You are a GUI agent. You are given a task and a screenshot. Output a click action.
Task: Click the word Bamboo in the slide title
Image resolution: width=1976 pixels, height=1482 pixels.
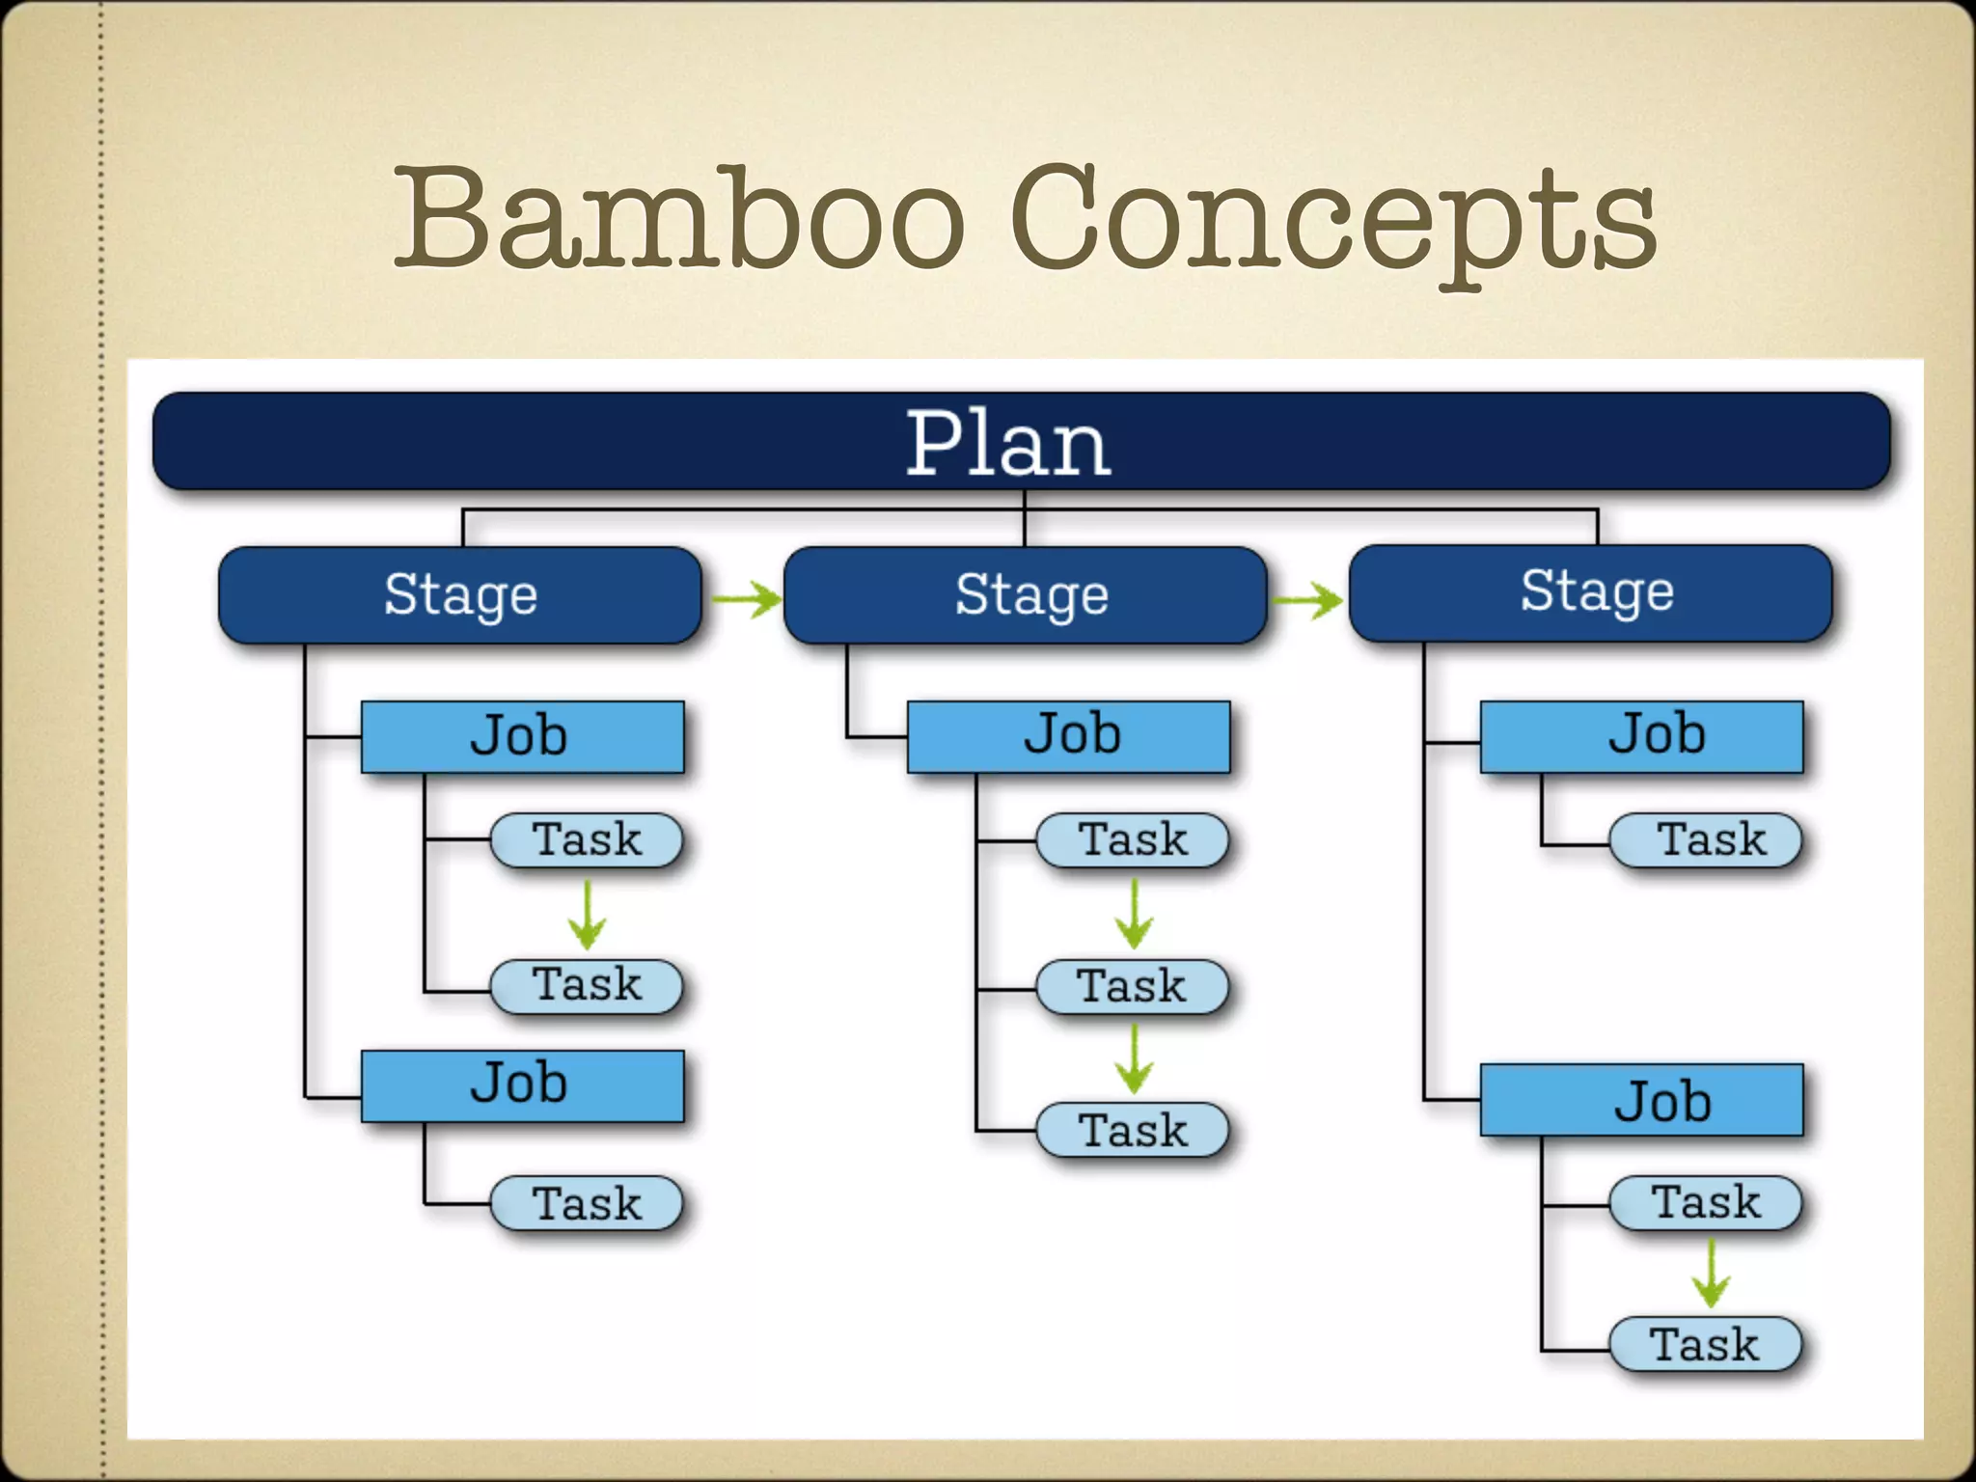679,220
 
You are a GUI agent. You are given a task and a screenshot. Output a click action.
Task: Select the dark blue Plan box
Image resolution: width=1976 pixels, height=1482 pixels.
1021,442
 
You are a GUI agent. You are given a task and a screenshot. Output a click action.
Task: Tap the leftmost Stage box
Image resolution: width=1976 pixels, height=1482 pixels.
460,595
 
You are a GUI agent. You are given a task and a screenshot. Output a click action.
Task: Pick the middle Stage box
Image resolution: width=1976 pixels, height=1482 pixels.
1025,595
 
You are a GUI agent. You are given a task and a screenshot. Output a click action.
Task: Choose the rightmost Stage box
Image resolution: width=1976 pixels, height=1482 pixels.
1590,592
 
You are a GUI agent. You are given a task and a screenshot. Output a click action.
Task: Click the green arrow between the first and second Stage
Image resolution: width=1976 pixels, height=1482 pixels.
746,599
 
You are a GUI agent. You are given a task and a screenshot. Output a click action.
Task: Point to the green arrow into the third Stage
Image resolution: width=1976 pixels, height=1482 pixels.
1307,601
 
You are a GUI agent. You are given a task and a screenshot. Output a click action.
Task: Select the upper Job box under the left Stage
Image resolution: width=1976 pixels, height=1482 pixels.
522,736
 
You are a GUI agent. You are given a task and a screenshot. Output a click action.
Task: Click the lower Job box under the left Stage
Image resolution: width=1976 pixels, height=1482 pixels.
522,1085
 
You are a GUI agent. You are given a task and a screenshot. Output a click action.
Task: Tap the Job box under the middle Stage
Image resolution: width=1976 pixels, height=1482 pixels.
1068,736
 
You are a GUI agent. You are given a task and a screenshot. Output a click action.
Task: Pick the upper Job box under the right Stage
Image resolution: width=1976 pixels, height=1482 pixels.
1641,736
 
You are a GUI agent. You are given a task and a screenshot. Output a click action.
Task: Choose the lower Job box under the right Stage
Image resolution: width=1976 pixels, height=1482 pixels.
1641,1100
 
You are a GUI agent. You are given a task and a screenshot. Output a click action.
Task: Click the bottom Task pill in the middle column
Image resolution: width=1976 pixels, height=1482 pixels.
1132,1130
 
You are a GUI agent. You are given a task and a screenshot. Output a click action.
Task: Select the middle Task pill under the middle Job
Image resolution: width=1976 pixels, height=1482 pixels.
1132,986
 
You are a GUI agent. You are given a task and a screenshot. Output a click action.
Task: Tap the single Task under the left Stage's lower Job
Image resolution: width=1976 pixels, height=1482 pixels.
587,1203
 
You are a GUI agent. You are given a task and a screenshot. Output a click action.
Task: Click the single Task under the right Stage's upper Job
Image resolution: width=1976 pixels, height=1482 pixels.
1706,839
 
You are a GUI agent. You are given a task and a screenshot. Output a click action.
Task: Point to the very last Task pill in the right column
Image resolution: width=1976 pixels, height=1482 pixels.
1705,1344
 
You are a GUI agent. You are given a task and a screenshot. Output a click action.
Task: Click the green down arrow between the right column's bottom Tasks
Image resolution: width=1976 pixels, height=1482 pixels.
1711,1273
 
